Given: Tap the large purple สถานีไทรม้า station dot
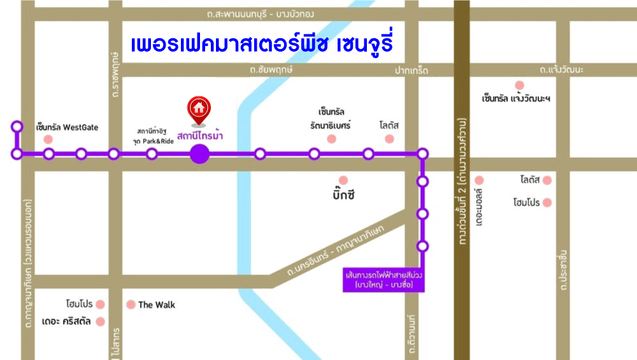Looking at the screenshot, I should pos(199,154).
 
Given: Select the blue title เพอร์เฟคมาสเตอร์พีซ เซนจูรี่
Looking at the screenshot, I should pos(261,45).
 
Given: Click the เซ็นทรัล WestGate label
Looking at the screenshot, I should pos(68,127).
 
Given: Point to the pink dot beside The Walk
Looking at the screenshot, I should pos(131,305).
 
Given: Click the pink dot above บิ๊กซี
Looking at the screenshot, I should pos(343,180).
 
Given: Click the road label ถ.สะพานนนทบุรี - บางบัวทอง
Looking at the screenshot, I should pos(261,13).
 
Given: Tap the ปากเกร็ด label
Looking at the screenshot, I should pos(411,69).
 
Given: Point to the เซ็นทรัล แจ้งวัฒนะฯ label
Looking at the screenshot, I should pos(516,98).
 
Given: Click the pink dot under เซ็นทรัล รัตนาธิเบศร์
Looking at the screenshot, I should pos(331,139).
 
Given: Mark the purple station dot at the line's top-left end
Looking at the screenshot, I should pos(17,127).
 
